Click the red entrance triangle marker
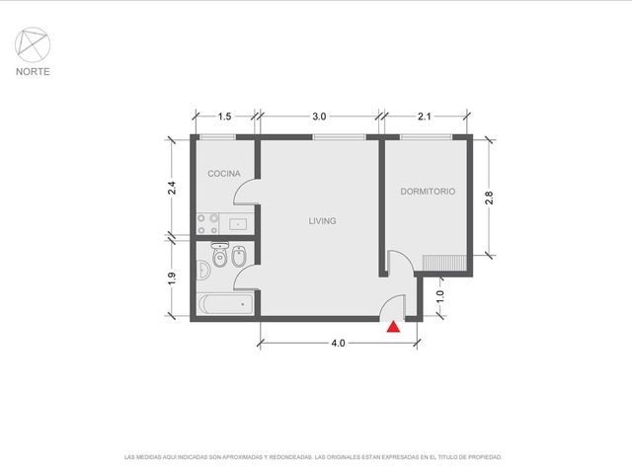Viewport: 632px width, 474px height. coord(393,327)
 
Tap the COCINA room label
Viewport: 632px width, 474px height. coord(224,174)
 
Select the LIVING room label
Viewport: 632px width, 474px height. coord(323,221)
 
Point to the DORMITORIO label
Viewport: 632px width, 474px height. coord(428,192)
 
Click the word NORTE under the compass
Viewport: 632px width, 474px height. coord(33,72)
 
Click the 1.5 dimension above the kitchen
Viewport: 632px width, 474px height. coord(224,117)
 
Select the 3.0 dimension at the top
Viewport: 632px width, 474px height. coord(319,117)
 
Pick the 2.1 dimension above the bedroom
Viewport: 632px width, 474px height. coord(425,117)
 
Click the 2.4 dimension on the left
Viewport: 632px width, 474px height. coord(172,188)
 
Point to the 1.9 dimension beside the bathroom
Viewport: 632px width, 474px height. coord(172,278)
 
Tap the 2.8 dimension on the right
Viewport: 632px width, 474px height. coord(489,197)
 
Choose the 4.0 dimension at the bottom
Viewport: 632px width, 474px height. coord(338,343)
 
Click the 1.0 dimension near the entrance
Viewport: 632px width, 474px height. coord(439,296)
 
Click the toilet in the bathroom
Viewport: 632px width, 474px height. coord(220,255)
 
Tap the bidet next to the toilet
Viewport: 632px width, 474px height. coord(239,257)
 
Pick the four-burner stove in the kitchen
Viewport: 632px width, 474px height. coord(207,224)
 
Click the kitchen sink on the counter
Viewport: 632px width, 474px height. coord(238,224)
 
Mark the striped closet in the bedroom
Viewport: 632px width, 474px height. coord(444,264)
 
